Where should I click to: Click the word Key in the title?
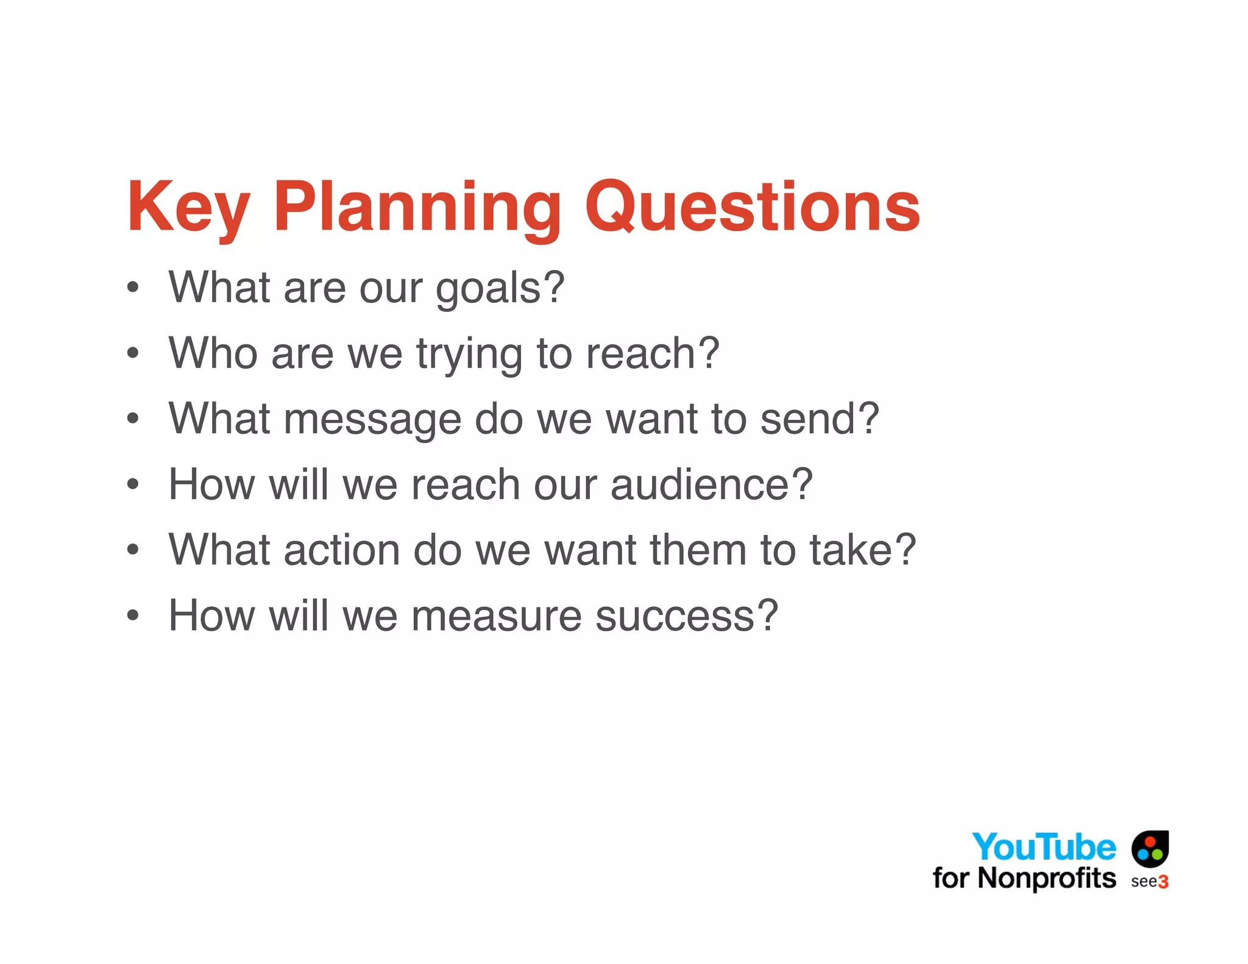[188, 207]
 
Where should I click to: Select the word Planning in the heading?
[417, 207]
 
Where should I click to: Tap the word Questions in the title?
[752, 207]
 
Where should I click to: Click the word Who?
[213, 353]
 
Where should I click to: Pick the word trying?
[469, 354]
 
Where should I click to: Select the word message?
[372, 420]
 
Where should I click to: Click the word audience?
[711, 484]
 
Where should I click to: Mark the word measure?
[496, 615]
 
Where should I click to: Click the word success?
[686, 615]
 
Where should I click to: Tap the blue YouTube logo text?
[1043, 848]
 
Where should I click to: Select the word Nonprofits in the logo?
[1046, 878]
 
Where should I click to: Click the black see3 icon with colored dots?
[1150, 848]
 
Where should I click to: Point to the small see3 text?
[1149, 882]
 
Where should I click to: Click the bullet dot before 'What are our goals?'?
[133, 287]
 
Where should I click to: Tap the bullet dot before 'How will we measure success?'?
[133, 615]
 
